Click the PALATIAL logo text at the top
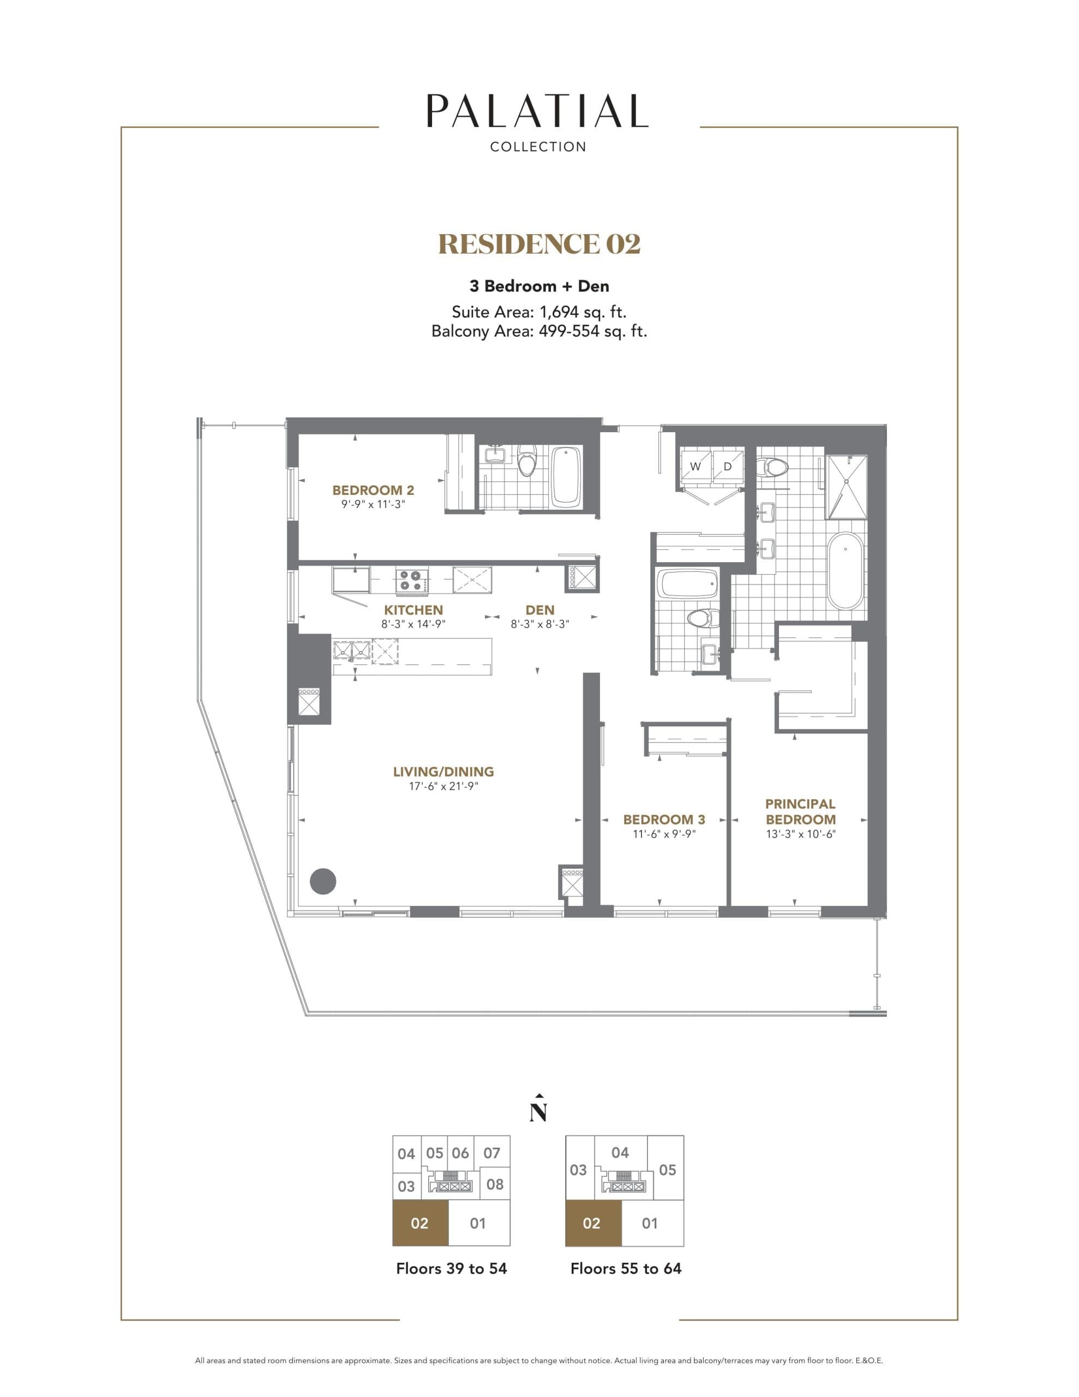click(x=537, y=111)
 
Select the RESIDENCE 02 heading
click(x=539, y=244)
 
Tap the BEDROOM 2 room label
click(x=373, y=490)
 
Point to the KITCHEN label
click(x=413, y=610)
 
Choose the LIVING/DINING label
click(x=443, y=772)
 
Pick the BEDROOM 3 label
click(x=664, y=820)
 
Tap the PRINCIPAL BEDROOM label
click(x=800, y=811)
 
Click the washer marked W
click(x=696, y=467)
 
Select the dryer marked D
click(x=727, y=467)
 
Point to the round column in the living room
click(x=323, y=881)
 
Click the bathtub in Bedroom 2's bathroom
click(x=565, y=475)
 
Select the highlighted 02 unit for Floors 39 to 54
click(x=419, y=1223)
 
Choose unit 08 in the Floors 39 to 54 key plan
click(x=494, y=1184)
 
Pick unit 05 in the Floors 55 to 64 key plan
click(x=667, y=1169)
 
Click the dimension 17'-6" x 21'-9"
click(x=443, y=786)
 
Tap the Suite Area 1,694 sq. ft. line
click(x=538, y=312)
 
